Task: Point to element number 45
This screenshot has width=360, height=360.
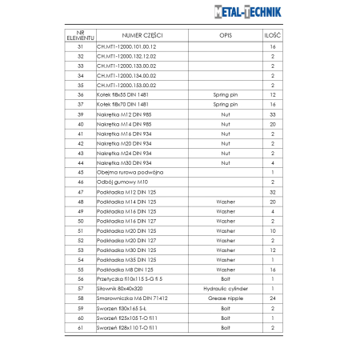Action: pyautogui.click(x=80, y=172)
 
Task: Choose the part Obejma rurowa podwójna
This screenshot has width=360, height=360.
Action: pyautogui.click(x=130, y=172)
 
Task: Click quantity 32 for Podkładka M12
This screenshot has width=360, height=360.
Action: pyautogui.click(x=273, y=192)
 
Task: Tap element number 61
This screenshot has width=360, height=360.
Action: pyautogui.click(x=80, y=326)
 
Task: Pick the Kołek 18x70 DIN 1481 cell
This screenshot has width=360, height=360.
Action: pyautogui.click(x=122, y=104)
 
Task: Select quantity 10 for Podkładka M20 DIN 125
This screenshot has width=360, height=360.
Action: pyautogui.click(x=273, y=230)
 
